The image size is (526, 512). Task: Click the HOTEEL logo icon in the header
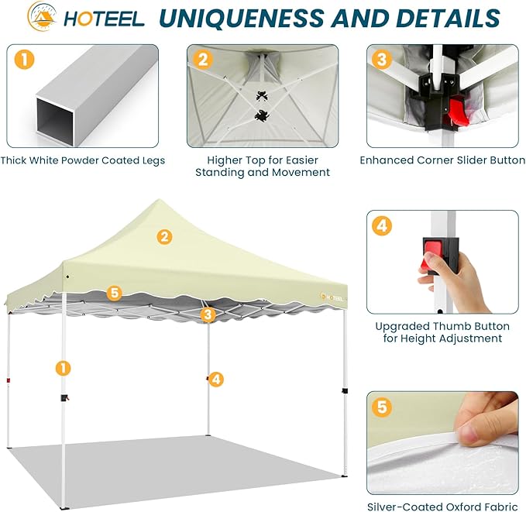(x=42, y=16)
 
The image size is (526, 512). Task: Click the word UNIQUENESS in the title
(x=242, y=18)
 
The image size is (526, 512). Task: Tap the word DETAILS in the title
(x=449, y=18)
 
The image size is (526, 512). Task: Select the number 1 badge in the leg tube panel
(x=24, y=60)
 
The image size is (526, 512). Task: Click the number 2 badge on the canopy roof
(x=164, y=237)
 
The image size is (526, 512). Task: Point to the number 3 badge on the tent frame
(x=208, y=314)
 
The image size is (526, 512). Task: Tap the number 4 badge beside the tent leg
(x=216, y=379)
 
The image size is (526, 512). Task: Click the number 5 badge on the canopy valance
(x=115, y=293)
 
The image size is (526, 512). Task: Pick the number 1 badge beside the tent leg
(x=63, y=368)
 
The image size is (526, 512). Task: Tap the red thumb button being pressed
(x=432, y=253)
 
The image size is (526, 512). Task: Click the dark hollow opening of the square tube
(x=55, y=122)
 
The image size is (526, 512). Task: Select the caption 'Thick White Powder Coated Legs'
(x=83, y=160)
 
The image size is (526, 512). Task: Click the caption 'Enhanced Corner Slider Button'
(x=442, y=160)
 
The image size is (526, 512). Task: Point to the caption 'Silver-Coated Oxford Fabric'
(x=442, y=507)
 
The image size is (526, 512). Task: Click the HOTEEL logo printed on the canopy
(x=332, y=297)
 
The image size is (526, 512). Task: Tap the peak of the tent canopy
(x=160, y=200)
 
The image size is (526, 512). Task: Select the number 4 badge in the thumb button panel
(x=382, y=226)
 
